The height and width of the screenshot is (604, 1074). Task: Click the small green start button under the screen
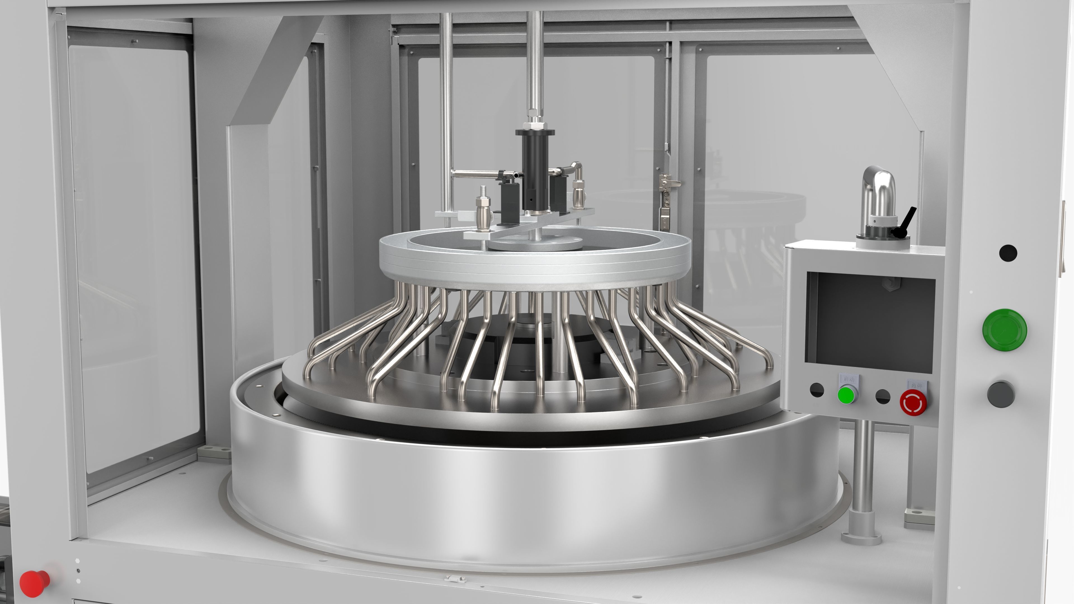(846, 395)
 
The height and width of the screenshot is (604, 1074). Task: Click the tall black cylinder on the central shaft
(535, 169)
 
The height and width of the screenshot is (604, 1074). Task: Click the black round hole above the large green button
(1008, 253)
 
